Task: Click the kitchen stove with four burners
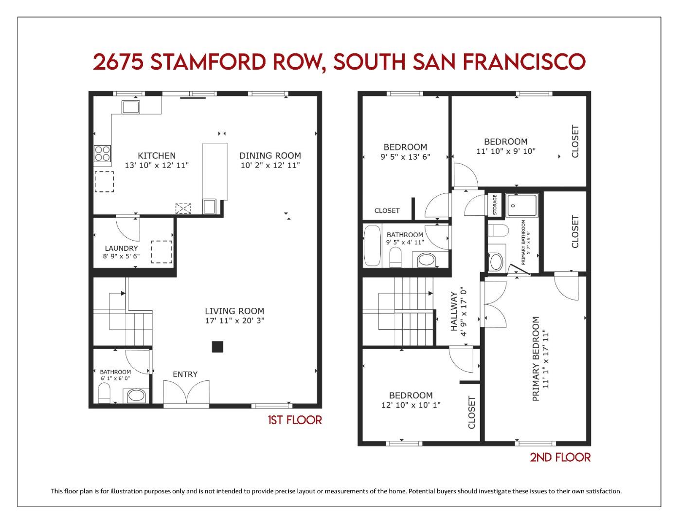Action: pyautogui.click(x=102, y=153)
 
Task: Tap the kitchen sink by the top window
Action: pyautogui.click(x=130, y=107)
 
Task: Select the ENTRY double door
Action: pyautogui.click(x=186, y=394)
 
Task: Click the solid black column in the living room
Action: pyautogui.click(x=217, y=347)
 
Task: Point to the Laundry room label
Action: pyautogui.click(x=121, y=248)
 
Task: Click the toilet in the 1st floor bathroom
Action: pyautogui.click(x=104, y=393)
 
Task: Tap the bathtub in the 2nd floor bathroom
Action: pyautogui.click(x=374, y=246)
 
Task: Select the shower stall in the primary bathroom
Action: pyautogui.click(x=522, y=205)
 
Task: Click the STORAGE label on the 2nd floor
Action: pyautogui.click(x=495, y=205)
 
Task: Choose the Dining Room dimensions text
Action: pyautogui.click(x=270, y=166)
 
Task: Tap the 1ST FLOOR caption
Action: pyautogui.click(x=295, y=420)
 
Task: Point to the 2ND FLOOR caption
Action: pyautogui.click(x=560, y=457)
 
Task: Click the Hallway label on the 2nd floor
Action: pyautogui.click(x=454, y=312)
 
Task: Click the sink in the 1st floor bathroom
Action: pyautogui.click(x=137, y=396)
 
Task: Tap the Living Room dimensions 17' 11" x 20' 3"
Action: pyautogui.click(x=234, y=321)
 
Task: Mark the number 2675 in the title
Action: pyautogui.click(x=118, y=62)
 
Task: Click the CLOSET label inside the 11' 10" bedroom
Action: pyautogui.click(x=575, y=141)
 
